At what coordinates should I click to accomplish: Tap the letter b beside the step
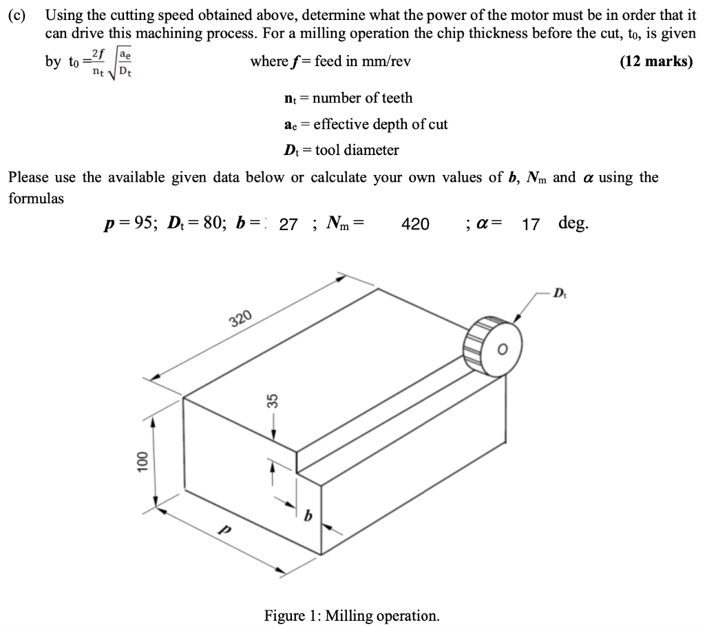[308, 513]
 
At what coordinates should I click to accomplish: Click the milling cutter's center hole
[502, 349]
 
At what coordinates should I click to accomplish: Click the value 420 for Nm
[415, 224]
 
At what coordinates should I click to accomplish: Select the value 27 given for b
[288, 224]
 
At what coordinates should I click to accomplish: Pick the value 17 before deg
[530, 224]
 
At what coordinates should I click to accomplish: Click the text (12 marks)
[656, 61]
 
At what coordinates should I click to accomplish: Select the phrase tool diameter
[356, 150]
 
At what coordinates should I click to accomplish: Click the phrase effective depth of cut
[380, 125]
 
